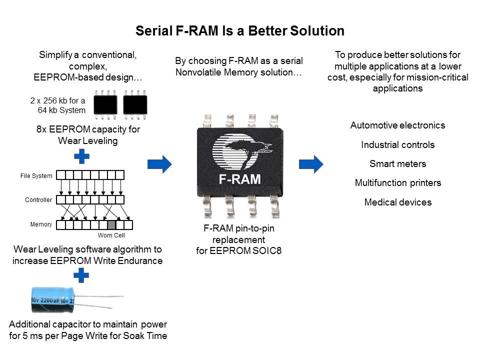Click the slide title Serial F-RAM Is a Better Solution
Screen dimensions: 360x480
pyautogui.click(x=240, y=31)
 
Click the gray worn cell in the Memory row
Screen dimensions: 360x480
pyautogui.click(x=111, y=224)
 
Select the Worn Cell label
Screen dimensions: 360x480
pyautogui.click(x=111, y=235)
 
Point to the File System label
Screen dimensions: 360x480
pyautogui.click(x=36, y=175)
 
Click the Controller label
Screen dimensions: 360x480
pyautogui.click(x=38, y=200)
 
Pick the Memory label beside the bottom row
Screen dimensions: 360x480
pyautogui.click(x=41, y=224)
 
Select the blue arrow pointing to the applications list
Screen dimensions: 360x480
pyautogui.click(x=311, y=163)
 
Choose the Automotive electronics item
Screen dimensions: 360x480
pyautogui.click(x=397, y=125)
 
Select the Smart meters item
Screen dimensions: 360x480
pyautogui.click(x=397, y=164)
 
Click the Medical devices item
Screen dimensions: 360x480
pyautogui.click(x=397, y=202)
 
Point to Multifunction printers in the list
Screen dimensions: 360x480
pyautogui.click(x=397, y=183)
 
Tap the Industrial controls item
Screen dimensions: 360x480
pyautogui.click(x=397, y=145)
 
